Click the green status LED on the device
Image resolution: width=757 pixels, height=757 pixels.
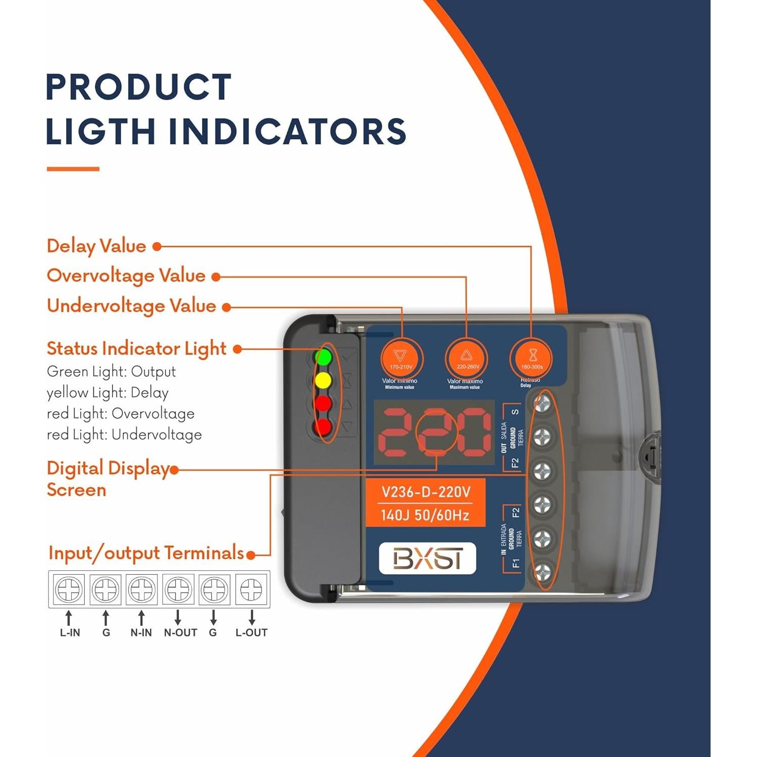pyautogui.click(x=323, y=357)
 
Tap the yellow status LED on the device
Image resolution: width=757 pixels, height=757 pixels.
pyautogui.click(x=323, y=380)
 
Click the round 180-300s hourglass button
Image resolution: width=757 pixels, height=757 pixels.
pyautogui.click(x=531, y=359)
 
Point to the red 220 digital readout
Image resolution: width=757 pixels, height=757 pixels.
pyautogui.click(x=434, y=432)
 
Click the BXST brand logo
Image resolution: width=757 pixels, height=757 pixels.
pyautogui.click(x=427, y=558)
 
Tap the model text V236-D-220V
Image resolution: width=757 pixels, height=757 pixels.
pyautogui.click(x=425, y=492)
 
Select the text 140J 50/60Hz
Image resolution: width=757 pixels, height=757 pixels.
pyautogui.click(x=425, y=515)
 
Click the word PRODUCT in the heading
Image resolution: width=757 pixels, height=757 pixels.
pyautogui.click(x=139, y=87)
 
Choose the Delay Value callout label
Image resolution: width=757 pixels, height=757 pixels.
pyautogui.click(x=96, y=246)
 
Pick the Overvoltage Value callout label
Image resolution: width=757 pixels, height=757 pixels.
pyautogui.click(x=126, y=276)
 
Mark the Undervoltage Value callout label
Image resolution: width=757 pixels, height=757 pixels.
pyautogui.click(x=131, y=306)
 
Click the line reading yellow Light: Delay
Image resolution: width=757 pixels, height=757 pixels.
pyautogui.click(x=107, y=393)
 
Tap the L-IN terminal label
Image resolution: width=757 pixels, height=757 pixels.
pyautogui.click(x=70, y=633)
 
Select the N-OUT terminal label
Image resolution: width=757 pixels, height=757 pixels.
pyautogui.click(x=180, y=633)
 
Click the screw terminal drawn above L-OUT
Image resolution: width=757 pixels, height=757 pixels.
pyautogui.click(x=251, y=589)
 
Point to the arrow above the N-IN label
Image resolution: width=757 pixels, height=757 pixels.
pyautogui.click(x=141, y=618)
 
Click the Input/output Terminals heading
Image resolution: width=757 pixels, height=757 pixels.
pyautogui.click(x=146, y=553)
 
